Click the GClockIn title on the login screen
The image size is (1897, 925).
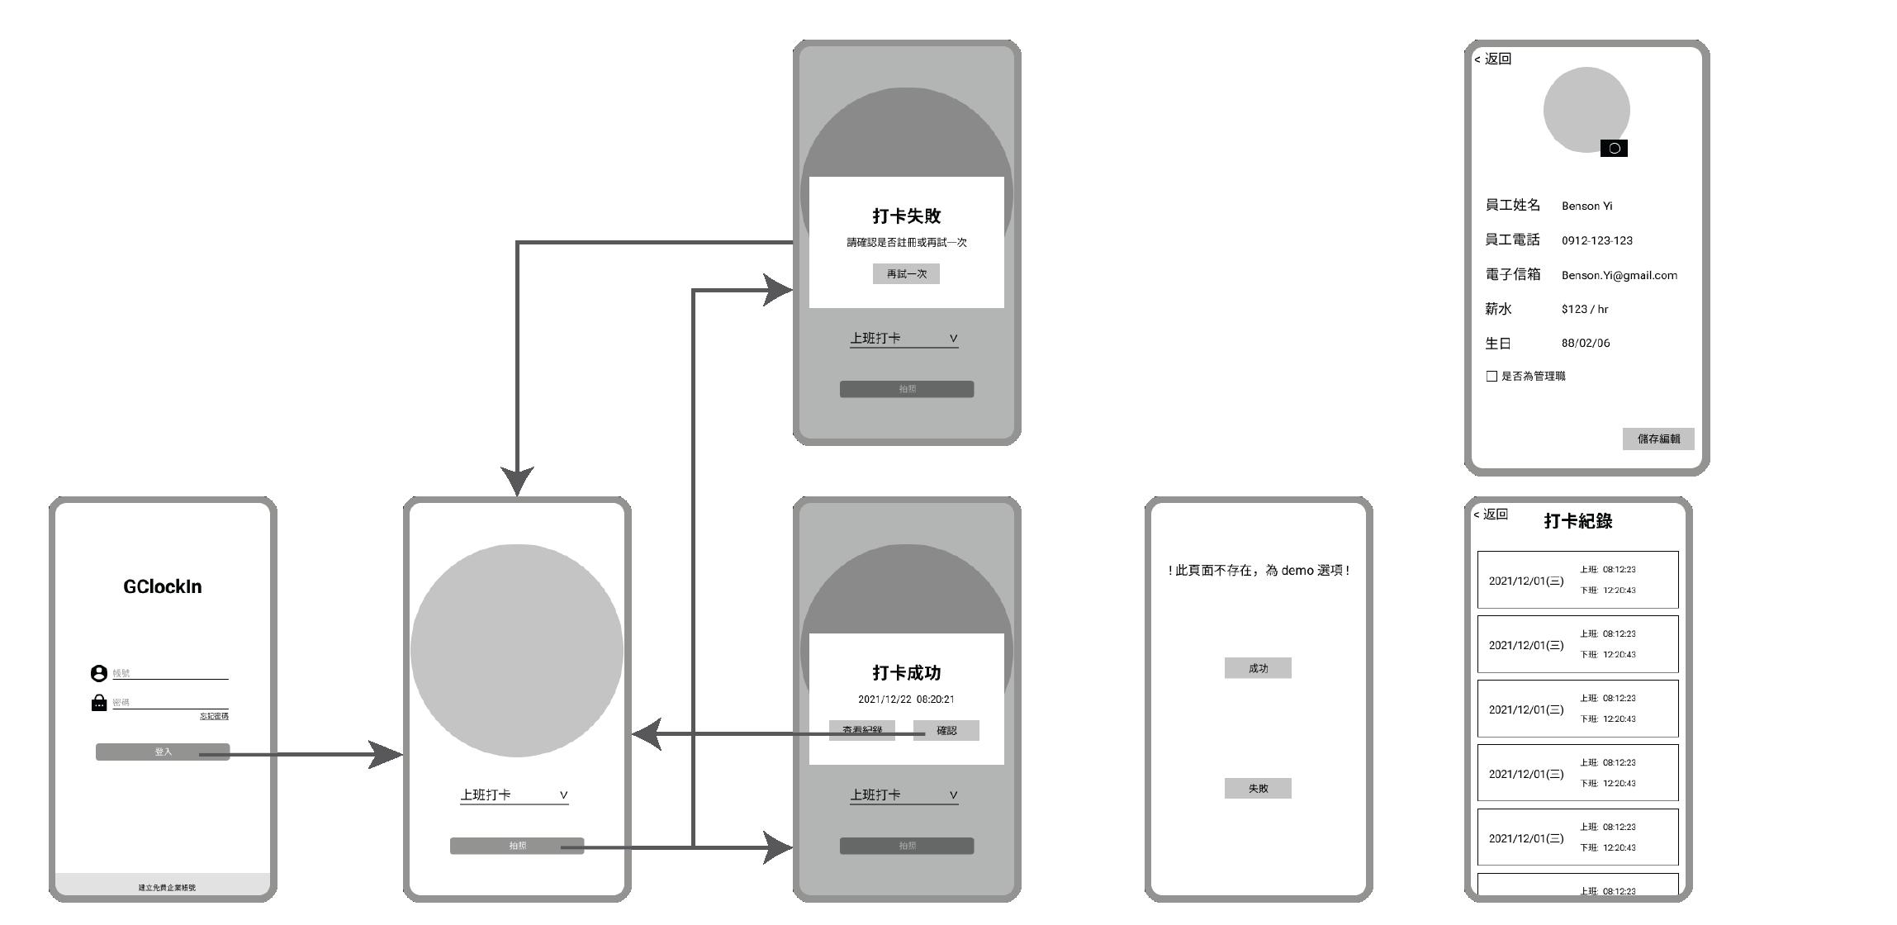(163, 586)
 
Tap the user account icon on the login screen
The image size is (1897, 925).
(99, 674)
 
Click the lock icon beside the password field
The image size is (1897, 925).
(99, 703)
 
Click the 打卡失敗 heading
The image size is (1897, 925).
(907, 216)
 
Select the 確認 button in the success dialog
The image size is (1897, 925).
(946, 731)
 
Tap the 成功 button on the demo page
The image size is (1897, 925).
(1258, 668)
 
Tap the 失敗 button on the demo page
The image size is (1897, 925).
(1258, 789)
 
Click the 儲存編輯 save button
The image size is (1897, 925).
(1658, 439)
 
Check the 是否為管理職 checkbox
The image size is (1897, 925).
(1492, 377)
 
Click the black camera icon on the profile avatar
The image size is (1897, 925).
(1614, 149)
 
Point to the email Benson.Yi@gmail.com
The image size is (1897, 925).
(1619, 276)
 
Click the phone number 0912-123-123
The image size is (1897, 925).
(1596, 241)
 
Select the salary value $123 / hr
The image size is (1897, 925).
(1585, 310)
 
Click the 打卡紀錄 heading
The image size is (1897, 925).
(1577, 521)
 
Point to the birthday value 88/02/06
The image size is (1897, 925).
(1586, 344)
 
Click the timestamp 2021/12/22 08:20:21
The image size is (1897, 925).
(906, 700)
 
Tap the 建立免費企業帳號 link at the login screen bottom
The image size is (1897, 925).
(167, 888)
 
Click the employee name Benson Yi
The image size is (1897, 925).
(1586, 206)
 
